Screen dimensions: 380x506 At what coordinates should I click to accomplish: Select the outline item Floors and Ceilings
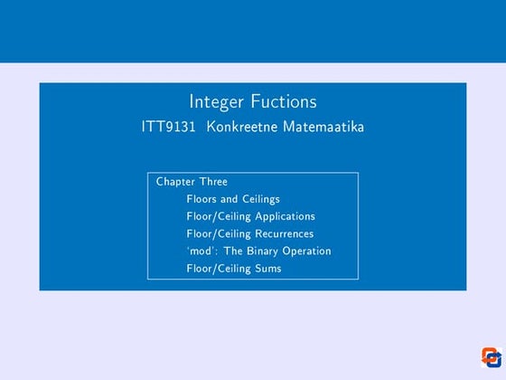[232, 199]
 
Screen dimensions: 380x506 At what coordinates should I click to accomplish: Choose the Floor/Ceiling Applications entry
[250, 216]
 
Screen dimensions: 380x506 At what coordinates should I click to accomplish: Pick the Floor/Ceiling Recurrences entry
[249, 233]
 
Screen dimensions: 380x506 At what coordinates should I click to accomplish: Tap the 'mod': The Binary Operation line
[258, 251]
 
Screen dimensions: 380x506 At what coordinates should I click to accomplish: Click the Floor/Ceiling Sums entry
[233, 268]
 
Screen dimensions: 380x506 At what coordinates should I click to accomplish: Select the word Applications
[285, 216]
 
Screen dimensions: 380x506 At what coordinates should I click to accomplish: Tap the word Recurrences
[284, 233]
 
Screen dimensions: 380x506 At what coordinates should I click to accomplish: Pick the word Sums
[267, 268]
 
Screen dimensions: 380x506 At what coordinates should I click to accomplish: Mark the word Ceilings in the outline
[259, 199]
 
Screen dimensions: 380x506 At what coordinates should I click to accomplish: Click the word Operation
[306, 251]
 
